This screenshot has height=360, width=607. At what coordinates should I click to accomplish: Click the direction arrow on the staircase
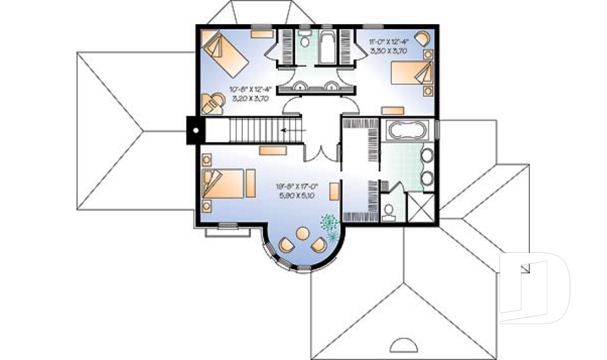[291, 131]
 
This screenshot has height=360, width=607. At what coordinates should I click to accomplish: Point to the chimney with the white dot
[195, 131]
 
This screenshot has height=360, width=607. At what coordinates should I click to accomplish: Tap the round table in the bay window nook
[303, 234]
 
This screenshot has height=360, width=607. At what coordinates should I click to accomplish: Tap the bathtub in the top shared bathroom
[327, 46]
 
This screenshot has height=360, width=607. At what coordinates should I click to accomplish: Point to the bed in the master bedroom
[223, 184]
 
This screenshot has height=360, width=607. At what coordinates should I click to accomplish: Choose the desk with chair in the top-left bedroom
[212, 102]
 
